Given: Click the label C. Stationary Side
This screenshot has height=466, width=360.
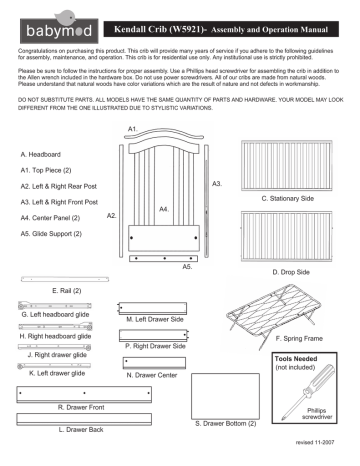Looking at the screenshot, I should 288,199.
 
